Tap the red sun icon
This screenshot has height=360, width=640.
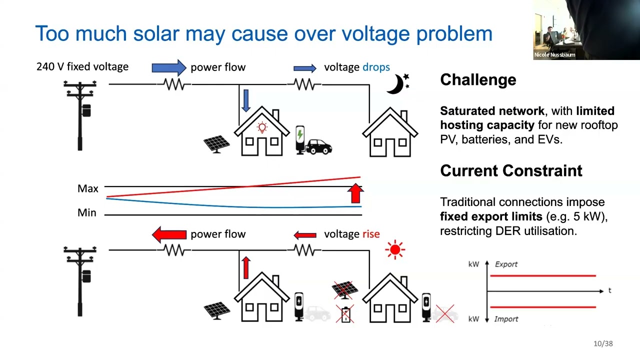click(x=395, y=249)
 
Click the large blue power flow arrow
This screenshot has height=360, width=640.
click(x=169, y=67)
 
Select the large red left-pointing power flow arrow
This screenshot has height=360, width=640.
click(x=169, y=234)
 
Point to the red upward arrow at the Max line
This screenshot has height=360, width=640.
click(x=355, y=193)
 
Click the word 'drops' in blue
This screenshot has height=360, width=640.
click(x=376, y=67)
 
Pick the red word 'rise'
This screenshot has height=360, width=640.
click(x=371, y=234)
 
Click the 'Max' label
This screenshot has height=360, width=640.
click(x=87, y=188)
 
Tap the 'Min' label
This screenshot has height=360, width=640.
click(x=87, y=213)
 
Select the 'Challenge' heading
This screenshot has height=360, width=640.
click(x=478, y=79)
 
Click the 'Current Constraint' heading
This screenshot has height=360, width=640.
click(x=511, y=171)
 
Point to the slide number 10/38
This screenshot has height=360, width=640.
click(x=603, y=343)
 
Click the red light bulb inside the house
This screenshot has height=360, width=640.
click(x=262, y=127)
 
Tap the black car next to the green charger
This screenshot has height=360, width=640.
click(x=318, y=147)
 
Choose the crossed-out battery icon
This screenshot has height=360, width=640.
click(x=345, y=314)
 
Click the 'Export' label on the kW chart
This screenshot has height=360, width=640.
click(x=506, y=264)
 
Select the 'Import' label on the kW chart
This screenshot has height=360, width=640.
click(x=506, y=319)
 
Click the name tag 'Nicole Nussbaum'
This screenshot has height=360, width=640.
click(x=554, y=55)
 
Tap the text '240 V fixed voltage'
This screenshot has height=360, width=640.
click(x=82, y=66)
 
